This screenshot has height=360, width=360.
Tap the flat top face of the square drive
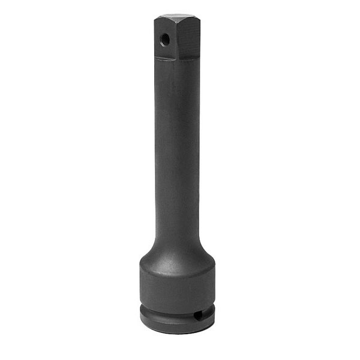point(178,18)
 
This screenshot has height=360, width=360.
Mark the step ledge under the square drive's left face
point(165,59)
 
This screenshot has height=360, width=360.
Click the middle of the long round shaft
point(177,150)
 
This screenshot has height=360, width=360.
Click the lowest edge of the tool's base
point(177,332)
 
